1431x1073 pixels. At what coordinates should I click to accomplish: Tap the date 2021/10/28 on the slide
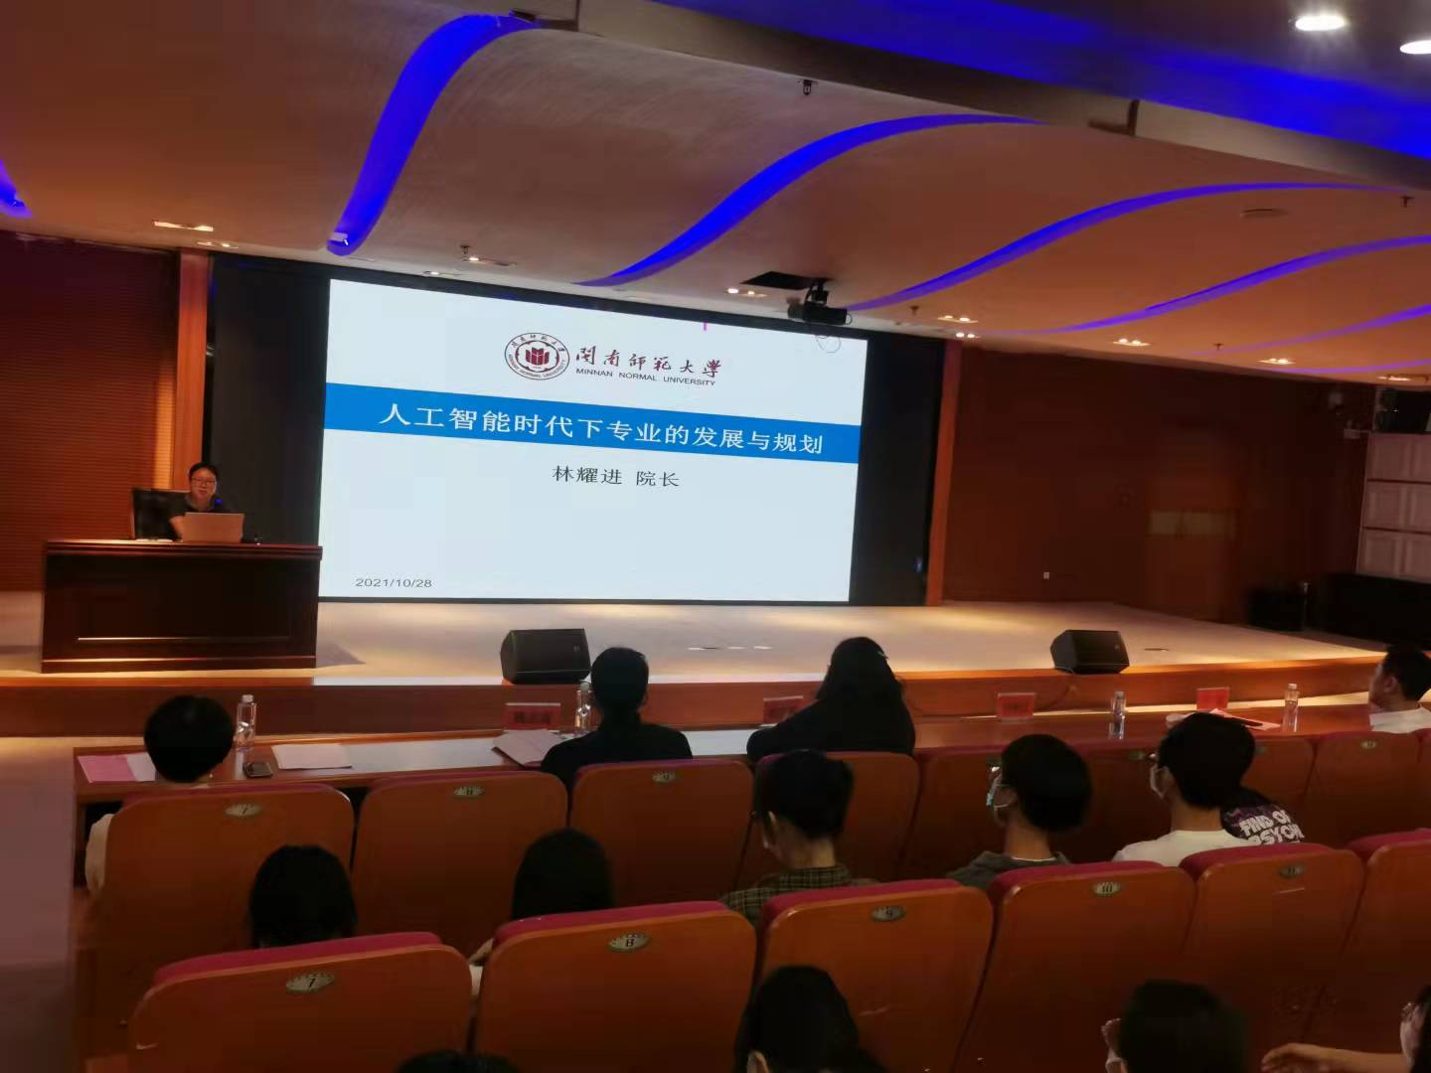(394, 582)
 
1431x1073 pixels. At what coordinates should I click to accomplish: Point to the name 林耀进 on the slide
(587, 477)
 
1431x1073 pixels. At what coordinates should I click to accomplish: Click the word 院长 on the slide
(657, 478)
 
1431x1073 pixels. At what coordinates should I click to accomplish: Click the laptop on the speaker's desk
(214, 527)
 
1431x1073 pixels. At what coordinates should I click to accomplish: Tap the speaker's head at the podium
(204, 480)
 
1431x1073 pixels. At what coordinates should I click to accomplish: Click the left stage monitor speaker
(545, 655)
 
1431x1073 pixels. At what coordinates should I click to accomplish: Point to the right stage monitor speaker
(1089, 651)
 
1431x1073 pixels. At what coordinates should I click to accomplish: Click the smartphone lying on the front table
(257, 768)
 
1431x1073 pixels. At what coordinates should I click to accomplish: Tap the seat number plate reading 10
(1107, 887)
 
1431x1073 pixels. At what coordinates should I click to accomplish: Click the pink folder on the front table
(114, 767)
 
